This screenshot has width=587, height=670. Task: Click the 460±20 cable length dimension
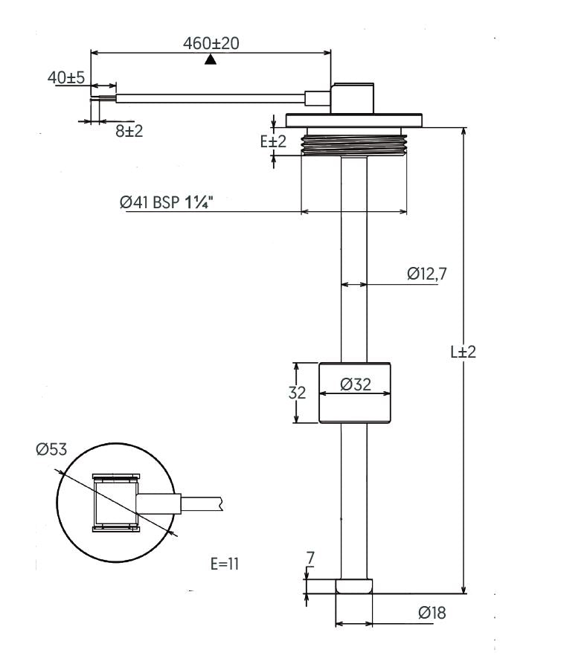tap(211, 43)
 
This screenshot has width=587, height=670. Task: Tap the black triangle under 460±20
tap(210, 59)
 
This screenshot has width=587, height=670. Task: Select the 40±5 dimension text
tap(66, 78)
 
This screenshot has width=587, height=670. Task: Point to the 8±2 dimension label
tap(129, 131)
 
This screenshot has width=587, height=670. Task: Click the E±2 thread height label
tap(273, 141)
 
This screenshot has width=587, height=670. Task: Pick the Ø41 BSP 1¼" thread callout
tap(167, 202)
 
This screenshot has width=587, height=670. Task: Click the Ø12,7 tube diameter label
tap(427, 274)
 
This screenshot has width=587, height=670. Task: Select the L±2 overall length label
tap(463, 352)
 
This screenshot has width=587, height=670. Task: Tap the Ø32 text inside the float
tap(356, 384)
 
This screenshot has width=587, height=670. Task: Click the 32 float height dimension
tap(297, 393)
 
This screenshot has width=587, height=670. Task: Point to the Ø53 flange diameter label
tap(52, 449)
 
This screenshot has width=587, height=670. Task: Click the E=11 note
tap(225, 564)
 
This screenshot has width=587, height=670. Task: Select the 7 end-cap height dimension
tap(310, 558)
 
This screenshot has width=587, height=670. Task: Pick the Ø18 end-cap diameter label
tap(432, 613)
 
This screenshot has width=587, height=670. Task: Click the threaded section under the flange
tap(354, 144)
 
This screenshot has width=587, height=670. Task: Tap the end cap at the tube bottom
tap(354, 586)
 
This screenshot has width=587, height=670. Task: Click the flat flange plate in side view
tap(354, 120)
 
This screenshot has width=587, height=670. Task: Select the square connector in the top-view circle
tap(116, 503)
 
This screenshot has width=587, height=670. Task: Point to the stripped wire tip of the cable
tap(103, 99)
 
